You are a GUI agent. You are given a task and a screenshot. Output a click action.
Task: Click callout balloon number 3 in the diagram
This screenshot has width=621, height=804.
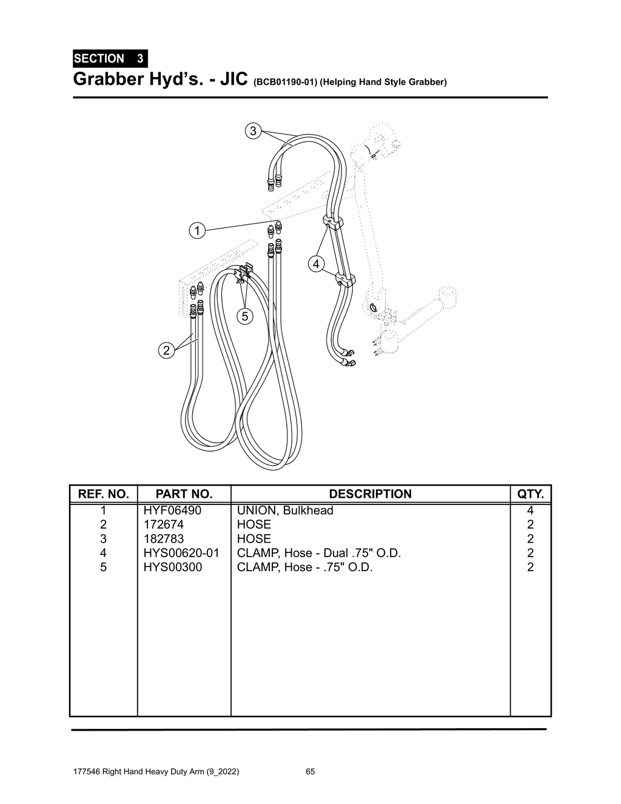coord(253,130)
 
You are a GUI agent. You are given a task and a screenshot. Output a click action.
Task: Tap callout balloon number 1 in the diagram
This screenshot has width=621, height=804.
coord(196,230)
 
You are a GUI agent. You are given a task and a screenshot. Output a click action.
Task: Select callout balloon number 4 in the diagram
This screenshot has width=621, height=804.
coord(317,264)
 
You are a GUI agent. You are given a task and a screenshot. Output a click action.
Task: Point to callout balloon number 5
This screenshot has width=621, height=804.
coord(244,316)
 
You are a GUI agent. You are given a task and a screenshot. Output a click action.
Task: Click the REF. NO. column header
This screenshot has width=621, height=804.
coord(103,494)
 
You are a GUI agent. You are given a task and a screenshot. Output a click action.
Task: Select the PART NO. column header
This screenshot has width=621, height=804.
coord(184,494)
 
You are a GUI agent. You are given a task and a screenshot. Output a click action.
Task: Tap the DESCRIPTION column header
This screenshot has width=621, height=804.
coord(370,494)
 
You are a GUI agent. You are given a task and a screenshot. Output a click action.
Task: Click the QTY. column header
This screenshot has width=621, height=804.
coord(530,494)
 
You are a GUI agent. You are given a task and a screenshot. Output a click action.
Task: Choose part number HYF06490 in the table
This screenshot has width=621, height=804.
coord(172,511)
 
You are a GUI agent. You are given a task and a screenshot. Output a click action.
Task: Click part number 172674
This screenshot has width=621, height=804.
coord(164,524)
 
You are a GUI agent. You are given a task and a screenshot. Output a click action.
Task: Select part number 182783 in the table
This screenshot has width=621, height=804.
coord(164,538)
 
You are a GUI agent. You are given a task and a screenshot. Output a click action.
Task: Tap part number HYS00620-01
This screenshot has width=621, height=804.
coord(181,553)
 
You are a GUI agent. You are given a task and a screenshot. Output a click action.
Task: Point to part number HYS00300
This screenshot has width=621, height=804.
coord(173,567)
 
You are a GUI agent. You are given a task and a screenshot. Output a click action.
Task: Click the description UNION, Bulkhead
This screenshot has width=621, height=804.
coord(285,511)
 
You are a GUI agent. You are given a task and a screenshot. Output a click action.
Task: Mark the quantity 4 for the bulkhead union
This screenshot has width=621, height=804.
coord(530,511)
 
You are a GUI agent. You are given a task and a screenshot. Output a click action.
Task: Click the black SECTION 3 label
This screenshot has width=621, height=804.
coord(109,59)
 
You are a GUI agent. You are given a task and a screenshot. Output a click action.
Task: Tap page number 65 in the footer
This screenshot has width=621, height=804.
coord(310,772)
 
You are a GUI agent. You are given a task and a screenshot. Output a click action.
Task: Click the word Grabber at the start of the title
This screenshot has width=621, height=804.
coord(106,79)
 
